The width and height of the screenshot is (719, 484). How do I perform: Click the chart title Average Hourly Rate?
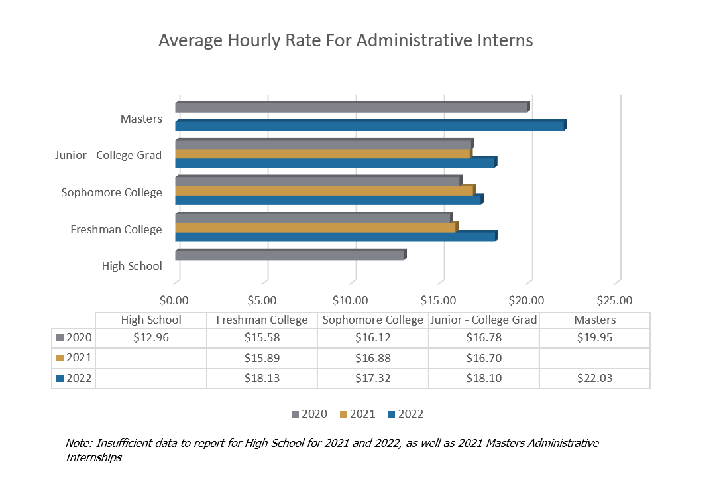345,41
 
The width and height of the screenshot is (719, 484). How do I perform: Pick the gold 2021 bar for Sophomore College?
324,191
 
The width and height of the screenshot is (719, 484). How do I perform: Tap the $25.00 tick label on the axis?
615,300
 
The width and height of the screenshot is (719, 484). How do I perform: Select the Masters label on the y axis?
141,119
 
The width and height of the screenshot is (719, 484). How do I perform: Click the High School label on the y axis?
132,266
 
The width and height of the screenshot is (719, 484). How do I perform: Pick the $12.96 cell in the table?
150,337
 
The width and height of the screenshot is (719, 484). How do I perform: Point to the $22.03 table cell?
594,377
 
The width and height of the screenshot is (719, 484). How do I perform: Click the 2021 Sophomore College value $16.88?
372,358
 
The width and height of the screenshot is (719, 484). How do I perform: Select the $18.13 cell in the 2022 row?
262,377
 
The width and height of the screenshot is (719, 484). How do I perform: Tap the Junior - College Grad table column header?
483,320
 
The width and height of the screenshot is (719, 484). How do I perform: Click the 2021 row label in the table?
78,358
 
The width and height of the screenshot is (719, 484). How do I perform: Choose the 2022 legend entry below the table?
406,414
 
